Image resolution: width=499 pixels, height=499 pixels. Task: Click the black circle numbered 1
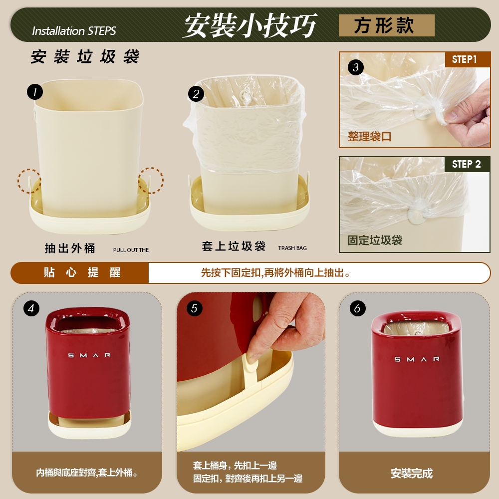[35, 92]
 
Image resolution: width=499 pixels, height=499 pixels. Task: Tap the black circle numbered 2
[196, 94]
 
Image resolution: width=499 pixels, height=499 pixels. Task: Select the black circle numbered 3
[356, 67]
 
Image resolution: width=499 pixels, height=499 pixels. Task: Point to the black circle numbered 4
[31, 308]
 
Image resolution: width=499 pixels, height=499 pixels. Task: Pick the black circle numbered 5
[195, 308]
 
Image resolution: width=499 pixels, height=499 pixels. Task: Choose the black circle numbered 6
[357, 308]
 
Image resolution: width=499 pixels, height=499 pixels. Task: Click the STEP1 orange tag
[468, 59]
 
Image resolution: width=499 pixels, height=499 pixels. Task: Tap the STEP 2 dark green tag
[467, 164]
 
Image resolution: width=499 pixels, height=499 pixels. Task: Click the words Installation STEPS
[74, 31]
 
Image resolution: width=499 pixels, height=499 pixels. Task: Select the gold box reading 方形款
[386, 25]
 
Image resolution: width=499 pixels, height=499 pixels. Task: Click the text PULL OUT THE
[131, 250]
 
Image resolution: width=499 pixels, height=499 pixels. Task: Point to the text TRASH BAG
[292, 248]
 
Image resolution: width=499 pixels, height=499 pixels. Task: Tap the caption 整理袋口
[369, 137]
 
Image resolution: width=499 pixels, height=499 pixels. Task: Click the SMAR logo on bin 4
[89, 355]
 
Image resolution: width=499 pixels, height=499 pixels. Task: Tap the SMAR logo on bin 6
[417, 359]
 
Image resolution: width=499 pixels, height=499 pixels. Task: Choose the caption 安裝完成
[412, 474]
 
